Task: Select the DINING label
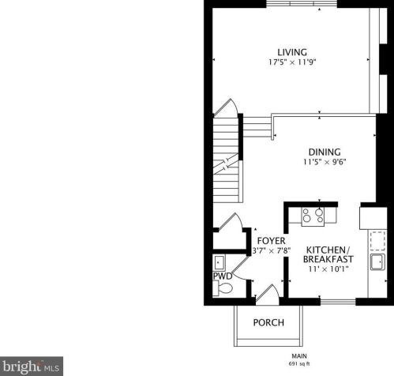coord(324,152)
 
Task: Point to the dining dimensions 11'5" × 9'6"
coord(325,162)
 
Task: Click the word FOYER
coord(265,241)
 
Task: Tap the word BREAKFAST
coord(328,258)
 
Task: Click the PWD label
coord(222,276)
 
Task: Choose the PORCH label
coord(268,322)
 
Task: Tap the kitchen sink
coord(377,261)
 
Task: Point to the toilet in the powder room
coord(224,289)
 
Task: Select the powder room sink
coord(220,263)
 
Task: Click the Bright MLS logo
coord(32,367)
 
